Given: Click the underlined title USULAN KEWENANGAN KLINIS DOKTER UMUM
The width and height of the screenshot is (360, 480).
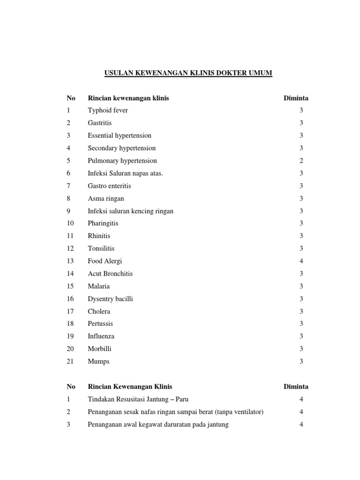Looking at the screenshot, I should [187, 73].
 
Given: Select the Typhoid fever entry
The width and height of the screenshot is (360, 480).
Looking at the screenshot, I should [108, 111].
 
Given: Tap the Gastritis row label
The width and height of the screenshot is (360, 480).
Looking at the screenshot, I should [100, 123].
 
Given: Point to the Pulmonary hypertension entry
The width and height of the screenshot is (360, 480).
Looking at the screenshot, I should [122, 161].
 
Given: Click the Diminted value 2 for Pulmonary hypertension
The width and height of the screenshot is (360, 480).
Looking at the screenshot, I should [301, 161].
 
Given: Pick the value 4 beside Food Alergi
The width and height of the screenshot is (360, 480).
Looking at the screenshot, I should [301, 261].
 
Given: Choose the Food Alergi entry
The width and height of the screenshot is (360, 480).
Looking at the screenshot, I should [105, 261].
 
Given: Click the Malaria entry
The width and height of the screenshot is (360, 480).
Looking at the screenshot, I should [98, 286].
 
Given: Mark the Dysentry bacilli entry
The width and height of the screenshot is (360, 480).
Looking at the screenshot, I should [111, 299].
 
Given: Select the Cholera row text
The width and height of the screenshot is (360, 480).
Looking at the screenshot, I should [99, 311].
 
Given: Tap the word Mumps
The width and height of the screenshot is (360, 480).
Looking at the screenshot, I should [98, 361].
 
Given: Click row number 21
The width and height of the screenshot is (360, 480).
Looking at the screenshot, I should [70, 361].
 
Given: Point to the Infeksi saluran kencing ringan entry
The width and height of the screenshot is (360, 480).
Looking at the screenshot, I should [130, 211].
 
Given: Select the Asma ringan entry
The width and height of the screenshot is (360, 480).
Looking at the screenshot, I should [106, 198].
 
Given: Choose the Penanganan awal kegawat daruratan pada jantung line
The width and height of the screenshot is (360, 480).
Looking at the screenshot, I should [158, 425].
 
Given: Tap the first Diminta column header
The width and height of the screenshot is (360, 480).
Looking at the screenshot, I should [296, 98].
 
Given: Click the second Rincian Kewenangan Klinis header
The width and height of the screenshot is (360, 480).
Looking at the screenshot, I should [130, 387].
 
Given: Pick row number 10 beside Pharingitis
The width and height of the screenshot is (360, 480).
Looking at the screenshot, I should [70, 224].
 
